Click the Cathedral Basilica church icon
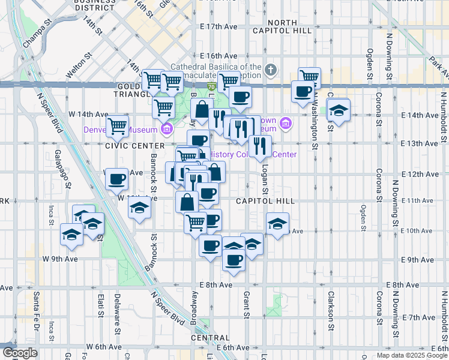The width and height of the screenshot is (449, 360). [x=271, y=71]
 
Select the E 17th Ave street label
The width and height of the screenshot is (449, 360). [x=220, y=27]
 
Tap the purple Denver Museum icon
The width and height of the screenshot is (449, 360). [x=167, y=128]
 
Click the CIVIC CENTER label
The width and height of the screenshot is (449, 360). [x=134, y=146]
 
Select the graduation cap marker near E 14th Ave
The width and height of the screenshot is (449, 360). [x=339, y=111]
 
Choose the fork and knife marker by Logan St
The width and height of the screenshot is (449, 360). [x=260, y=146]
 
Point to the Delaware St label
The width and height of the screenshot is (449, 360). [x=118, y=313]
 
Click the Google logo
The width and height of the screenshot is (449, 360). [x=19, y=353]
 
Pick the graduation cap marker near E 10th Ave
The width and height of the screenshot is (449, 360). [x=277, y=224]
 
